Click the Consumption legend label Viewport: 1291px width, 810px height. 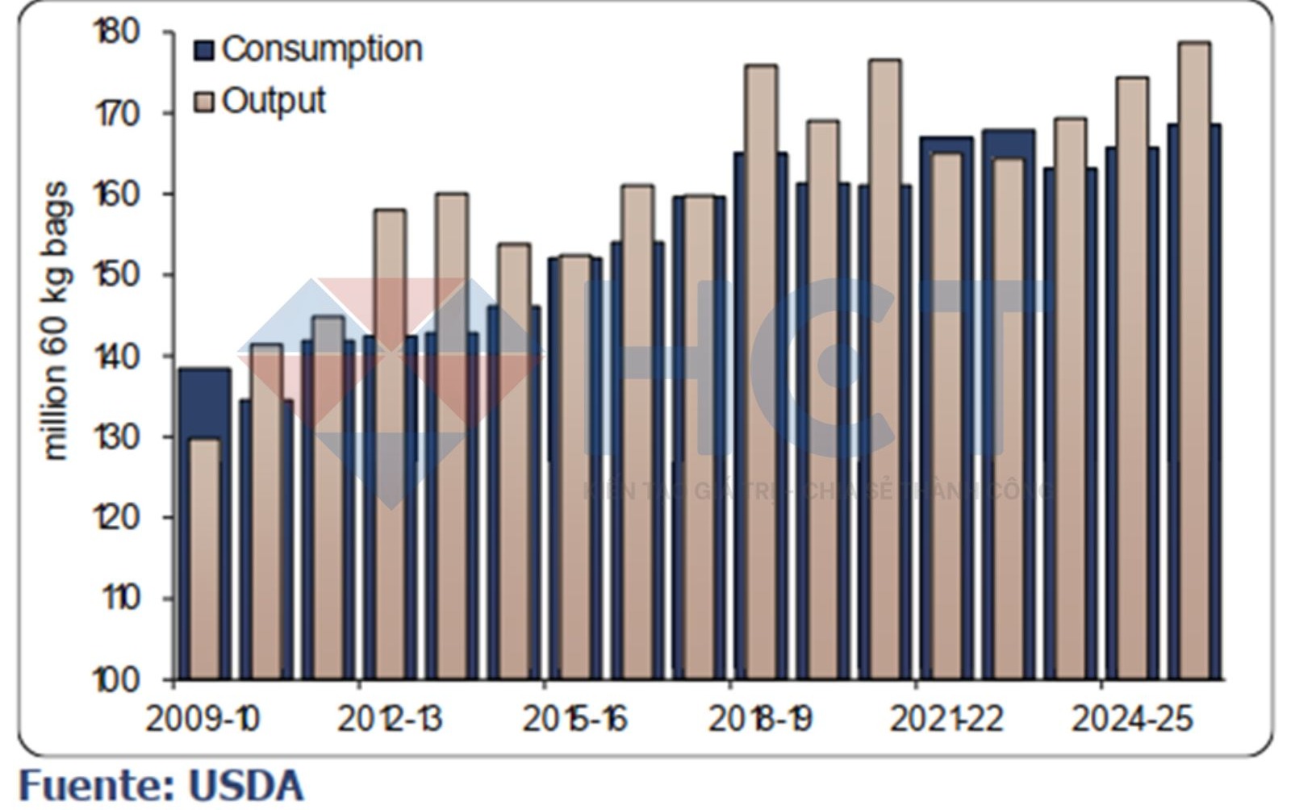pos(321,49)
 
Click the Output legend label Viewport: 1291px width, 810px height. pos(273,101)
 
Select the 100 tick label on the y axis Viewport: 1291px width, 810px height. pos(117,680)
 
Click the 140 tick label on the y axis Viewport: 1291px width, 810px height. pos(117,356)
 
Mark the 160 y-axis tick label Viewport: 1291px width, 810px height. pos(117,194)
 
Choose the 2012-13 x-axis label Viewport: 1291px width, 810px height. pos(390,719)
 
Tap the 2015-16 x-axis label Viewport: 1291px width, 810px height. pos(574,719)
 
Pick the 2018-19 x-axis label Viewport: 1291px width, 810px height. pos(760,719)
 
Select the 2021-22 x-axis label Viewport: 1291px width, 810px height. pos(946,719)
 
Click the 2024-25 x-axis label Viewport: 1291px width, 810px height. pos(1131,719)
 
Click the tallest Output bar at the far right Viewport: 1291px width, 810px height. pos(1194,363)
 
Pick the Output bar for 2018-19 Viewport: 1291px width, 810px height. pos(761,371)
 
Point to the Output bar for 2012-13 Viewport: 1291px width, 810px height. pos(391,444)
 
